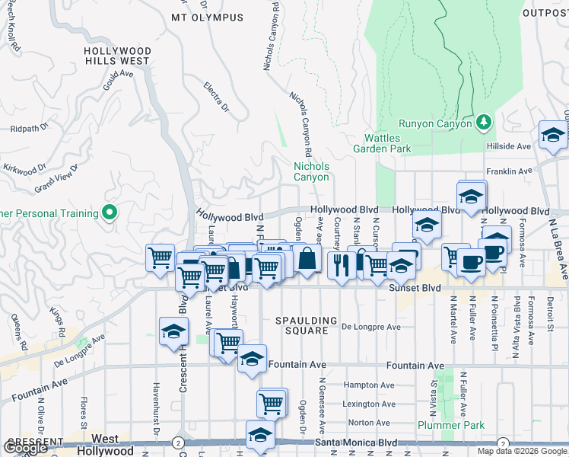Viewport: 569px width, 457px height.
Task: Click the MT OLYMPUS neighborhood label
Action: tap(208, 17)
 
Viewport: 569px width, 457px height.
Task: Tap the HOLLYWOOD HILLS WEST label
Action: tap(117, 56)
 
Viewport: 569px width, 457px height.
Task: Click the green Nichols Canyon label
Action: tap(312, 171)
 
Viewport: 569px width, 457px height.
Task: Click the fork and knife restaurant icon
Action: tap(339, 264)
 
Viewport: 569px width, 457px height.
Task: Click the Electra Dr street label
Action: tap(216, 97)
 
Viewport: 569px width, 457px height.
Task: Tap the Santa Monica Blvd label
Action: tap(358, 443)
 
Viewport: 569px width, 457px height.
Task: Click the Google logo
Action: tap(25, 449)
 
